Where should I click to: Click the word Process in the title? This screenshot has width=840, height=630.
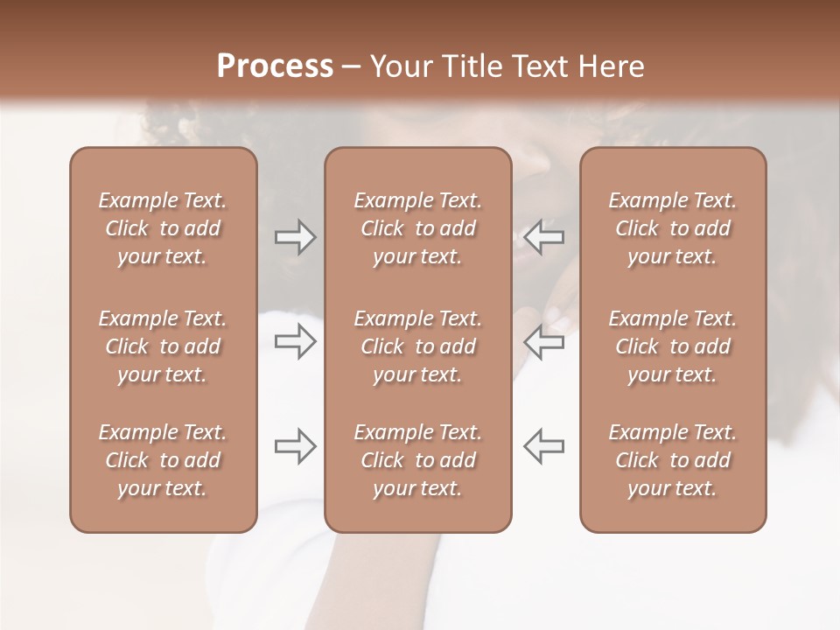[x=275, y=66]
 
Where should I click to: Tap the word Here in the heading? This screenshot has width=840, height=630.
[x=612, y=66]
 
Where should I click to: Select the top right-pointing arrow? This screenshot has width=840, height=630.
[x=296, y=237]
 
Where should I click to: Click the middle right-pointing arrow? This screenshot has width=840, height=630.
[x=296, y=341]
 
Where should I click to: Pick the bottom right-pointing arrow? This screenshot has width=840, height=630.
[x=296, y=446]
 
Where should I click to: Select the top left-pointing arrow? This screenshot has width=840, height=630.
[x=543, y=237]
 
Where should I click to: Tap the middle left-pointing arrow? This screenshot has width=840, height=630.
[x=543, y=341]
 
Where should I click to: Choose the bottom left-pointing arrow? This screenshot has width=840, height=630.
[x=543, y=446]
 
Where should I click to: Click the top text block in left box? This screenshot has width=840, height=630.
[x=163, y=228]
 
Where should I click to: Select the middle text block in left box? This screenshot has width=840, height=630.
[x=163, y=346]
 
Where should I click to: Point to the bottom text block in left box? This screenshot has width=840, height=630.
[x=163, y=460]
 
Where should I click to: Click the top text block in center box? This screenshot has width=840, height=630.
[x=417, y=228]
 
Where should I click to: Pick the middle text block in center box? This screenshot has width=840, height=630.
[x=417, y=346]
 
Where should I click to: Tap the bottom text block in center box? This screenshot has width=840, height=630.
[x=417, y=460]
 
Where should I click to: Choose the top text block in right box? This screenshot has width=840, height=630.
[x=672, y=228]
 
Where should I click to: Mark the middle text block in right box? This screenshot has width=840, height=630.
[x=672, y=346]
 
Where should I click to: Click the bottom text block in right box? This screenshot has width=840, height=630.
[x=672, y=460]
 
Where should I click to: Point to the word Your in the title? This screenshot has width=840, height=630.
[x=398, y=66]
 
